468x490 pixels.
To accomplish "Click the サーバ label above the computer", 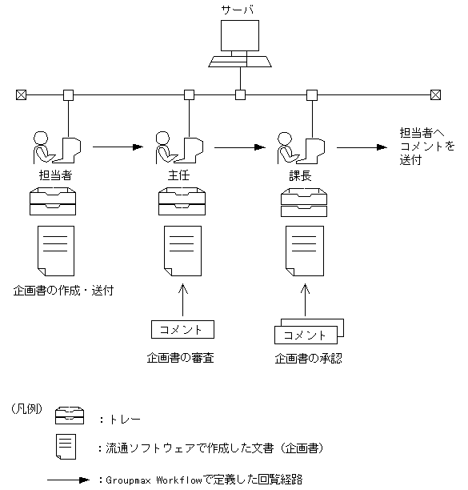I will [x=238, y=10].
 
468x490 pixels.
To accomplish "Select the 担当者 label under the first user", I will [x=55, y=175].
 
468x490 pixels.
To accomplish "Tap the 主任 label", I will [x=178, y=175].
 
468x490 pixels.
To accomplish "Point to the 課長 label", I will [x=301, y=175].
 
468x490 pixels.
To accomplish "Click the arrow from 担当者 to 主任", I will [x=118, y=147].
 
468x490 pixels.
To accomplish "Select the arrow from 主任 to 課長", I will [x=240, y=147].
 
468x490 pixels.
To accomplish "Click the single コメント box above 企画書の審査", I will [x=181, y=329].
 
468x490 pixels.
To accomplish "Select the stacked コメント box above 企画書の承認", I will [x=307, y=333].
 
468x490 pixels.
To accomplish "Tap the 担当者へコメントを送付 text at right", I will [x=427, y=147].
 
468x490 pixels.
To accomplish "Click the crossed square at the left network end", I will [x=21, y=95].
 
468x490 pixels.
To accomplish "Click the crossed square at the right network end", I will [x=434, y=95].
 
